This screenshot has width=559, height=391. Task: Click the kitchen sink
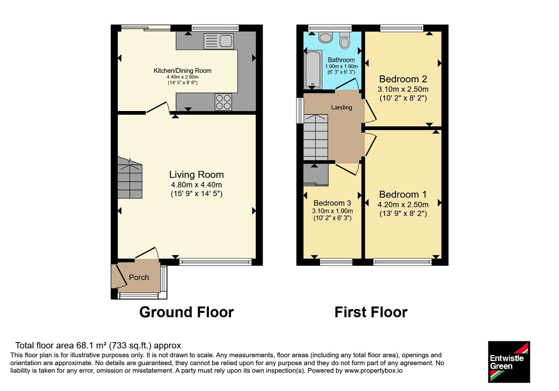point(219,42)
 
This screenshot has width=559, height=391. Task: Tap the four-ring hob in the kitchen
point(223,102)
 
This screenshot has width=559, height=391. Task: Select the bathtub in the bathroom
point(313,69)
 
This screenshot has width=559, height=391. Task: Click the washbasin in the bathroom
point(326,37)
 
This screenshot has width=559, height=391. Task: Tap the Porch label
point(139,277)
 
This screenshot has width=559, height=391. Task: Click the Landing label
point(342,108)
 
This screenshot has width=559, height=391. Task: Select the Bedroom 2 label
point(403,79)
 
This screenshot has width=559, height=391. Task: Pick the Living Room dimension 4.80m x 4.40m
point(196,185)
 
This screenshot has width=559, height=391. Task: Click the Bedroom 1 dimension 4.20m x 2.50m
point(403,205)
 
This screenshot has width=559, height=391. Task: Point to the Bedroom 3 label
point(332,203)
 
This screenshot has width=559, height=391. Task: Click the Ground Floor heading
point(187,312)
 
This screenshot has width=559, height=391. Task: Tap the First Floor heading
point(371,312)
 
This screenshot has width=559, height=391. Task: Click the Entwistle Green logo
point(509,362)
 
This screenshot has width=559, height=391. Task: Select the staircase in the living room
point(130,178)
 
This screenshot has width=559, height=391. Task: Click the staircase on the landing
point(316,137)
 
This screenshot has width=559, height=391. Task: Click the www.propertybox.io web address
point(373,370)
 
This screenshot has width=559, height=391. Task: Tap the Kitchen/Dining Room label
point(182,71)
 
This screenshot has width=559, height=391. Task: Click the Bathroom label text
point(341,60)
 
